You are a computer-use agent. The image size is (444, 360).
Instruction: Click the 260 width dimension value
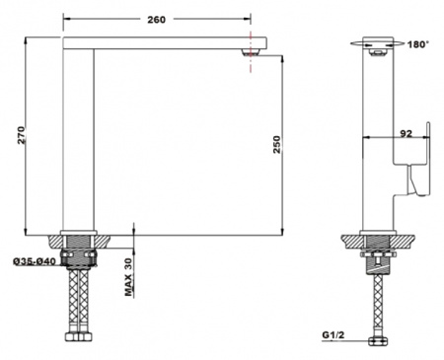click(156, 20)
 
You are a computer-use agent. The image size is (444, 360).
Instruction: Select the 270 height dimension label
click(21, 135)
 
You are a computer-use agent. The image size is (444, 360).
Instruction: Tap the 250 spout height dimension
click(277, 144)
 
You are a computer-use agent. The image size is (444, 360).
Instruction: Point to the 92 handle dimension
click(406, 133)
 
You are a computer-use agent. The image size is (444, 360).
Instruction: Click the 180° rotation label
click(418, 44)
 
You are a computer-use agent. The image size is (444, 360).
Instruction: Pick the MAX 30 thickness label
click(128, 277)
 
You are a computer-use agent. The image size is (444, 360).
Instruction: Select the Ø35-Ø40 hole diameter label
click(35, 261)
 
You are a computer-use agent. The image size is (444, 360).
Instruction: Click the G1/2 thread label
click(333, 335)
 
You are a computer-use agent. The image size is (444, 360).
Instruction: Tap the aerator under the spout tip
click(252, 52)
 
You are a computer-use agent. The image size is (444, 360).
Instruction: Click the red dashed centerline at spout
click(251, 52)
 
